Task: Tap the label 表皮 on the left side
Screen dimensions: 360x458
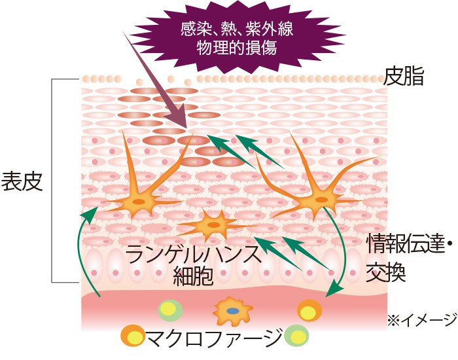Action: [23, 181]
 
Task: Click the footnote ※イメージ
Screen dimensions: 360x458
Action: [421, 319]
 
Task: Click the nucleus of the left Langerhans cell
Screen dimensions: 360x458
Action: [139, 202]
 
